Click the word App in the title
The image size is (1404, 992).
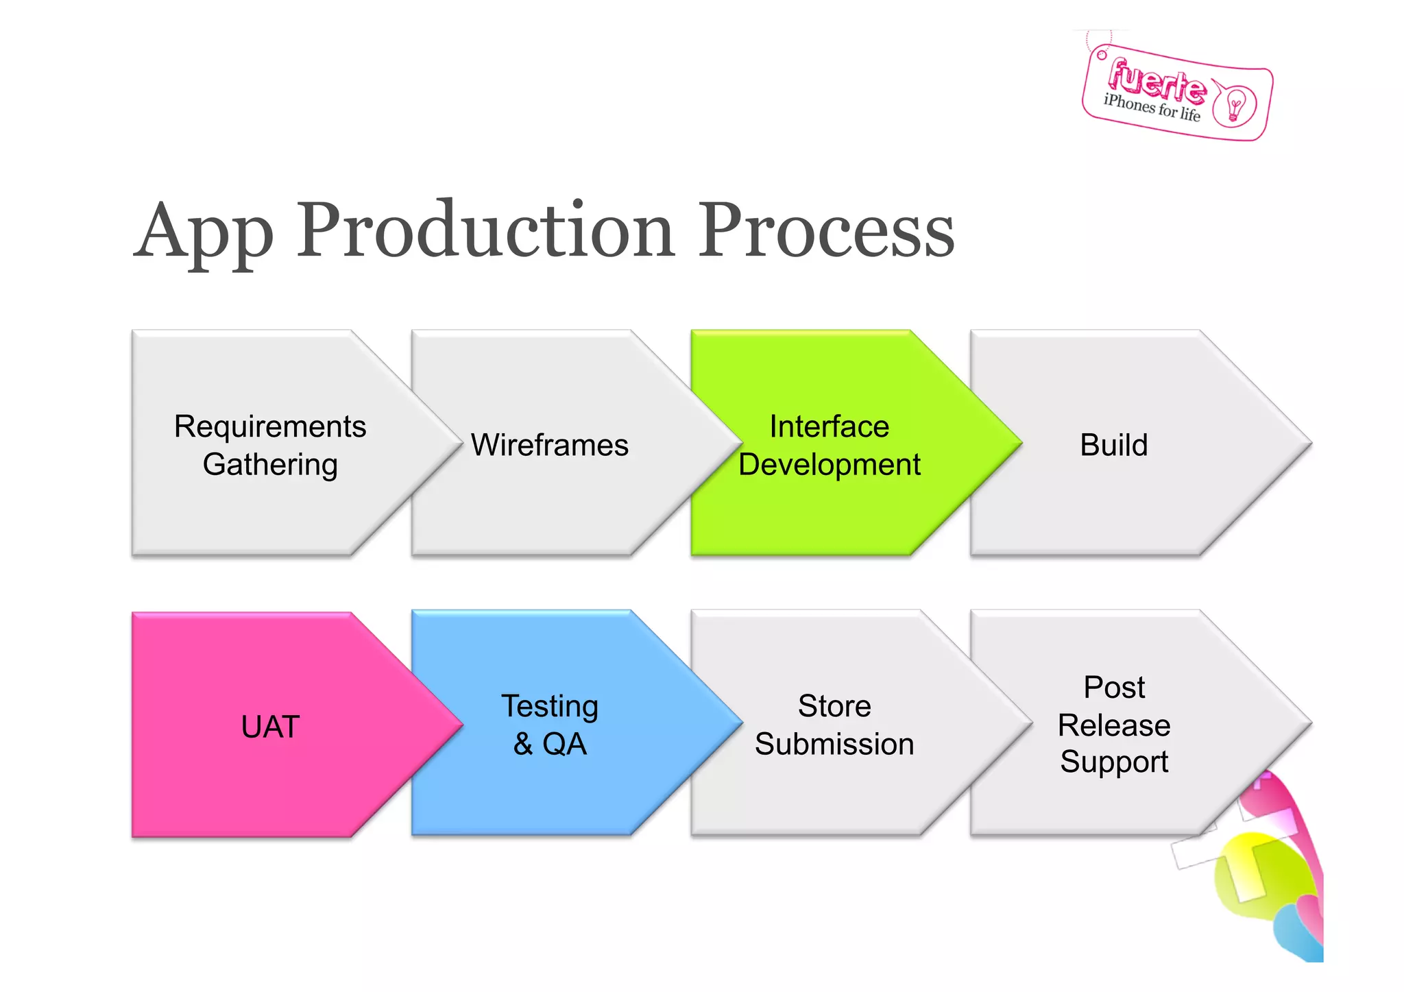coord(204,232)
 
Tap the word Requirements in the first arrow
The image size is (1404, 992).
coord(270,426)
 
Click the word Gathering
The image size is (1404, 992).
coord(270,464)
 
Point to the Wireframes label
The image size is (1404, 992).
coord(549,445)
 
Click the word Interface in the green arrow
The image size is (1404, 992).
coord(829,426)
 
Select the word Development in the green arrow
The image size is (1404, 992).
coord(829,464)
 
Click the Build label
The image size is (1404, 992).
coord(1113,445)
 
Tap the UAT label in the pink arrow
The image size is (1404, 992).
coord(270,727)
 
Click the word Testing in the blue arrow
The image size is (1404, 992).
coord(549,706)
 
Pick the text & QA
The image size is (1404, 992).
coord(549,744)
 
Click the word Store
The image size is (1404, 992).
coord(834,706)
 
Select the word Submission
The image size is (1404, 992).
coord(834,744)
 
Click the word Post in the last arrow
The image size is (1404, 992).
coord(1113,688)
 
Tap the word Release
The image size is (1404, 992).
coord(1113,725)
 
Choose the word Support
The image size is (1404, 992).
coord(1113,762)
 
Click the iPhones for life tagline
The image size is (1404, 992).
coord(1152,108)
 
